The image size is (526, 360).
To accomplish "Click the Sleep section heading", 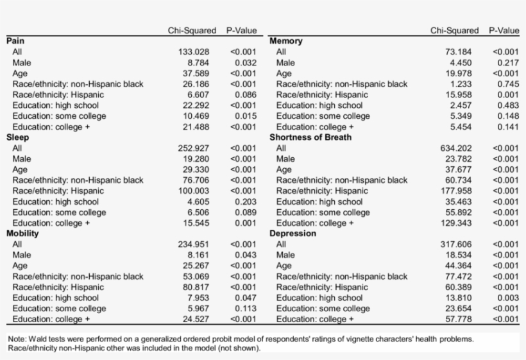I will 18,137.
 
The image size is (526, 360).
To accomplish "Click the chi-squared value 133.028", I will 194,52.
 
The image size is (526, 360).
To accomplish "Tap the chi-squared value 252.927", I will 194,148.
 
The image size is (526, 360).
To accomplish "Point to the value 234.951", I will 194,244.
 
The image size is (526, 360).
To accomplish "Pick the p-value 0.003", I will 507,298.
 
